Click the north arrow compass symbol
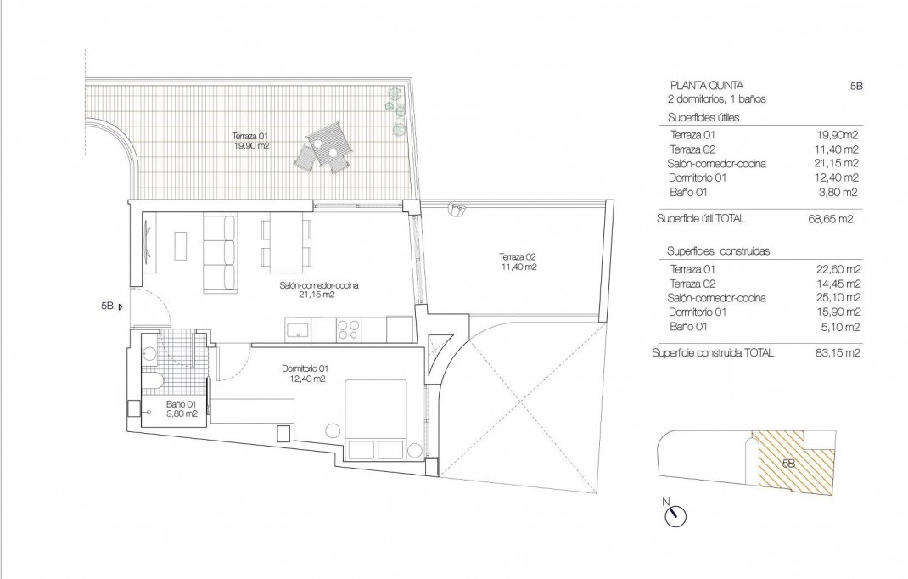pos(676,514)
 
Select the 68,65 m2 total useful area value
pos(830,219)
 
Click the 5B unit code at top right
pos(855,86)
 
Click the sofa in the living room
pos(219,252)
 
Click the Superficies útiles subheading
pos(703,117)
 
